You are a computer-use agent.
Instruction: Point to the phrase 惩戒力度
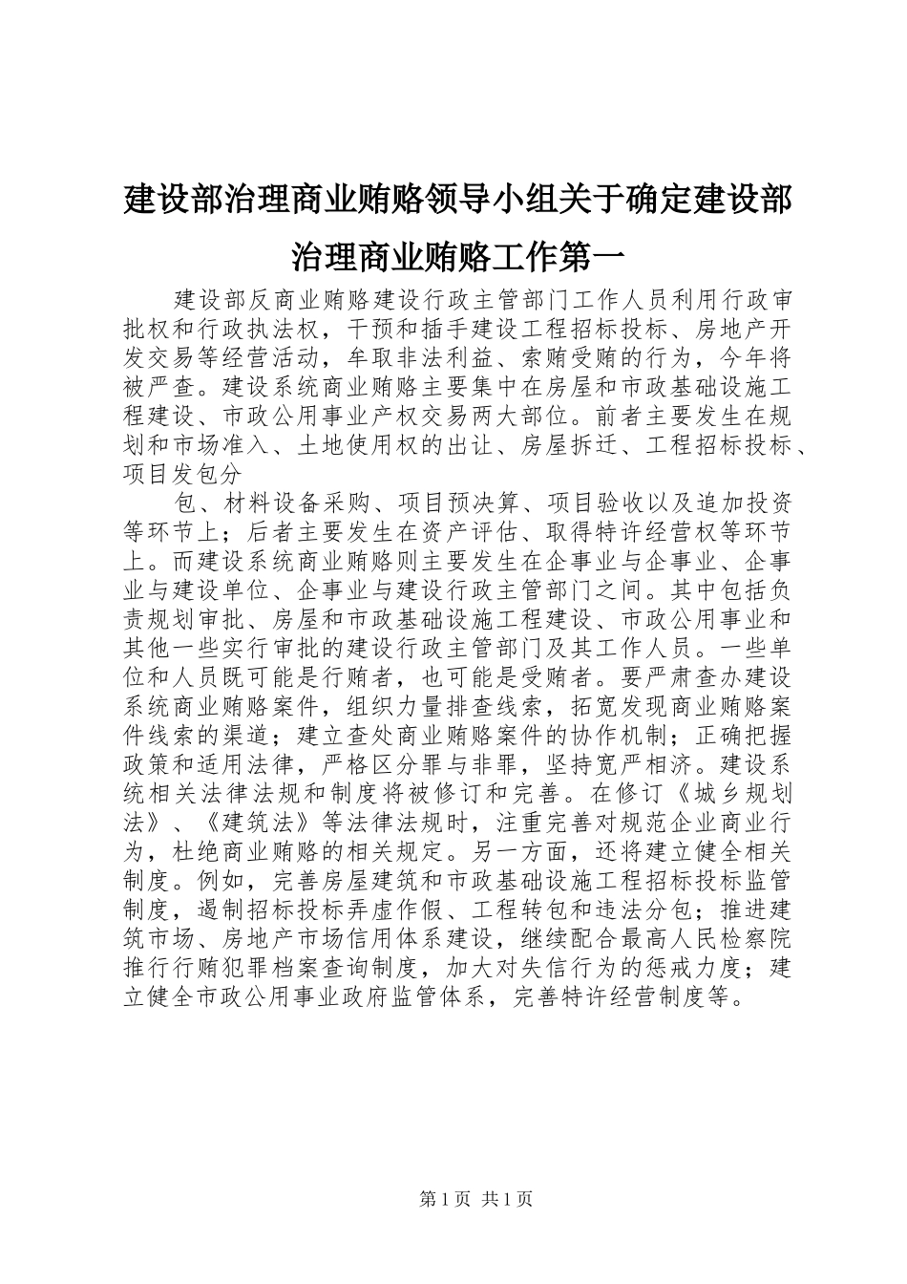(x=689, y=966)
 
